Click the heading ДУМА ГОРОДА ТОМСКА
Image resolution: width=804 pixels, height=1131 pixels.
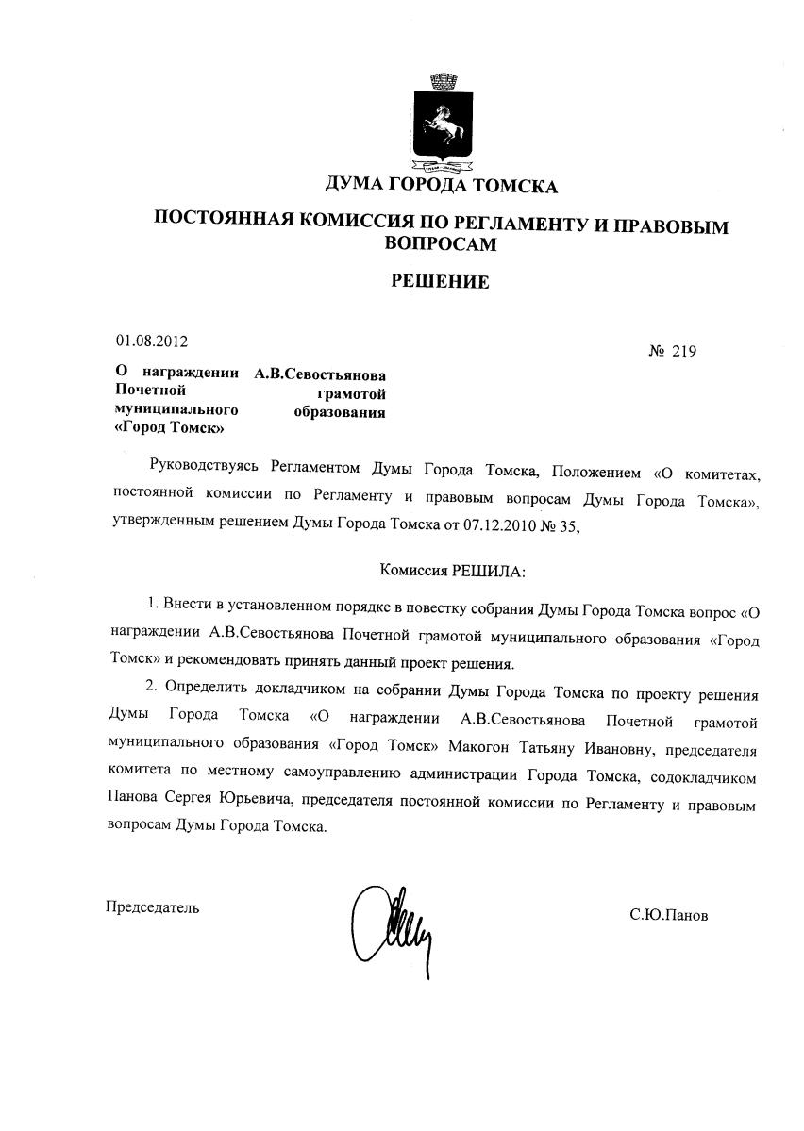(x=441, y=186)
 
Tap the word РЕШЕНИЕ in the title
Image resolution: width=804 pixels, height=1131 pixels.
(x=441, y=281)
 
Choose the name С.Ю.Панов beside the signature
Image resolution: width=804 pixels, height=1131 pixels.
(x=669, y=915)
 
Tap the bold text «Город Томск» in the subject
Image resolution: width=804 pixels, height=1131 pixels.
(x=169, y=427)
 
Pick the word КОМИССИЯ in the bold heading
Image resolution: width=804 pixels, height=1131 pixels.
(x=354, y=224)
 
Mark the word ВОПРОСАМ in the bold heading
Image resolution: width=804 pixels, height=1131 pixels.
(x=441, y=243)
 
